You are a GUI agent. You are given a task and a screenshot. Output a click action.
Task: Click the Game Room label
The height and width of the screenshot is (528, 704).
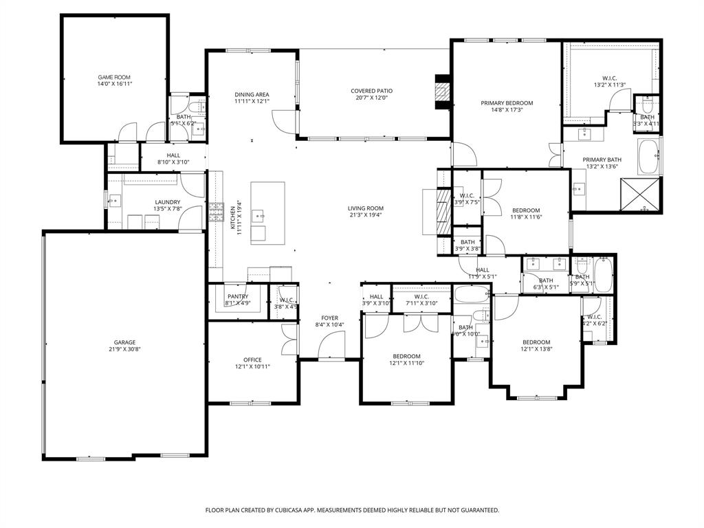114,77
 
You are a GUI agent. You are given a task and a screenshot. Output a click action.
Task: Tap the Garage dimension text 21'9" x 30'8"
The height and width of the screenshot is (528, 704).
124,349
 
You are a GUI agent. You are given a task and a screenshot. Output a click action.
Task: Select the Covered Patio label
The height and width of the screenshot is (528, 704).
371,91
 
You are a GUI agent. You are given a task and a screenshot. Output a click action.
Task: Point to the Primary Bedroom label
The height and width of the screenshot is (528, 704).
507,103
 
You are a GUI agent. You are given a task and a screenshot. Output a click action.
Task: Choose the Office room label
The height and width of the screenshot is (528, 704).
252,360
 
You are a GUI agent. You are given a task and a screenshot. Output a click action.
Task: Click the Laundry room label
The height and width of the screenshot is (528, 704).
168,202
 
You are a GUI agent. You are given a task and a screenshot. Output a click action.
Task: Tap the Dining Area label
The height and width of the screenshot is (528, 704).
252,94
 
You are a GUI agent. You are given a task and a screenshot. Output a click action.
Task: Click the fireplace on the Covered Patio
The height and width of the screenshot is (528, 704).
442,92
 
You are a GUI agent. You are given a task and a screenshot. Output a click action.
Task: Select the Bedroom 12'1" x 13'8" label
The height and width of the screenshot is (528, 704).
536,342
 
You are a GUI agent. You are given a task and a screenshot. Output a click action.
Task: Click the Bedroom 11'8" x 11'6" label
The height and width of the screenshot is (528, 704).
525,210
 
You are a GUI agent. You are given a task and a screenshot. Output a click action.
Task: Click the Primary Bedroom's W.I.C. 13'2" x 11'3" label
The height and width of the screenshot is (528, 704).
609,78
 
